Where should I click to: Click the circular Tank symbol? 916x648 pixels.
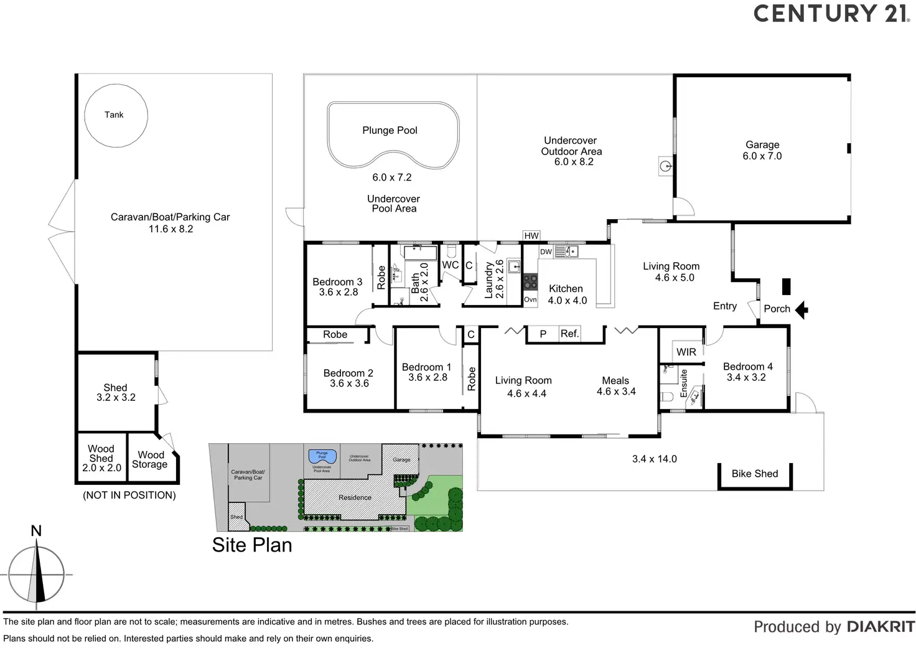point(116,115)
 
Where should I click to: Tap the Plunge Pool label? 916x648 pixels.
point(390,130)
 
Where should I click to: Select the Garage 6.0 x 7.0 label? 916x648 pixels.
point(762,150)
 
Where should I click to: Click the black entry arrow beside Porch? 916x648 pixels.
point(801,309)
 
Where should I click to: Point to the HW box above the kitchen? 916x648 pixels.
point(531,235)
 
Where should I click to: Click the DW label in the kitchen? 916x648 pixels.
point(546,251)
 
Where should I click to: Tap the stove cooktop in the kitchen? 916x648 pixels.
point(530,283)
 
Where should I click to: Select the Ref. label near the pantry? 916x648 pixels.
point(569,334)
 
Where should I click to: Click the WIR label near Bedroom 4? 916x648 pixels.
point(686,352)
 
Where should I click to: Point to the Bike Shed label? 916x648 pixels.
point(754,474)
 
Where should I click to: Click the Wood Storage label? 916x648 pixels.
point(150,459)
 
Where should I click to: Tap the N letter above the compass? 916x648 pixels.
point(36,531)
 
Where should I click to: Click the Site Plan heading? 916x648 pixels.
point(252,545)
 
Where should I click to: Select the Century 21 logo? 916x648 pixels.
point(831,14)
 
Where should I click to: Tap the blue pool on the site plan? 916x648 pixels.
point(322,456)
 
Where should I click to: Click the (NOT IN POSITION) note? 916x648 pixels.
point(129,495)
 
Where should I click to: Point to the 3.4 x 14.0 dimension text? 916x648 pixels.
point(654,459)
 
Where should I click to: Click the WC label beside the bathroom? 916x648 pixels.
point(451,265)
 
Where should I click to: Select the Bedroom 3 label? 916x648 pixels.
point(337,287)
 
